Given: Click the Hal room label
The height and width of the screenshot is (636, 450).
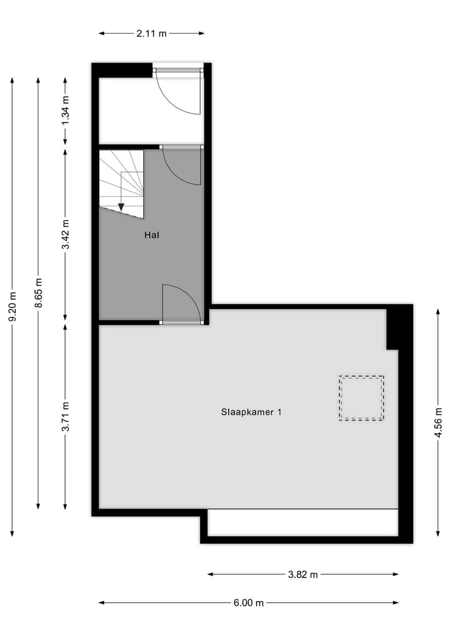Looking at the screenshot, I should (151, 236).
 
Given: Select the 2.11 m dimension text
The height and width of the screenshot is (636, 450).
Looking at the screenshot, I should (151, 34).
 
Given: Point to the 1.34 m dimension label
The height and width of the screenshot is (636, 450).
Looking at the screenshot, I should (66, 110).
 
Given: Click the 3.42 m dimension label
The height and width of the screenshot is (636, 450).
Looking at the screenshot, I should (66, 235).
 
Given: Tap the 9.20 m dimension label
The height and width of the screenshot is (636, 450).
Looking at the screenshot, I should (12, 306).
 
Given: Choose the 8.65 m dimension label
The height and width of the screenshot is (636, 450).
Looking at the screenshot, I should (39, 293).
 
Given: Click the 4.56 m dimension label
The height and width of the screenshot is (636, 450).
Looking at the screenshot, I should (439, 421).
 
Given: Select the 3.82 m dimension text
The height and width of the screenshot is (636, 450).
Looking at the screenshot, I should (303, 574).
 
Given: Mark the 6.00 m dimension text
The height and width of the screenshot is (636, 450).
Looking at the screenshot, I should (248, 603).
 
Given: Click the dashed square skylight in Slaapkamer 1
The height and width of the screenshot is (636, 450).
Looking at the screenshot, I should (361, 398).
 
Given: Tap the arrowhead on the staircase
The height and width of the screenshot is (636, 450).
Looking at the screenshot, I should (121, 208).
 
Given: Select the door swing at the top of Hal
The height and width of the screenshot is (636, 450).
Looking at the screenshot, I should (181, 166).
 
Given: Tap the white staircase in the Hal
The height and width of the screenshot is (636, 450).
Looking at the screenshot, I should (122, 181).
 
